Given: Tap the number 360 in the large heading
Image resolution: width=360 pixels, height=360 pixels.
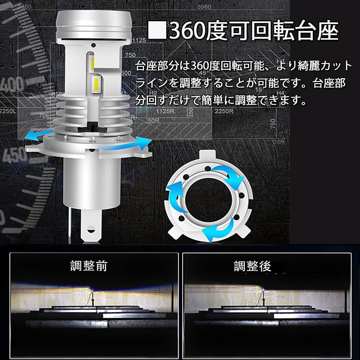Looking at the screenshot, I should pyautogui.click(x=186, y=31).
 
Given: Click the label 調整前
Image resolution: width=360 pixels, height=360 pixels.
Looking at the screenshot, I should pyautogui.click(x=88, y=267).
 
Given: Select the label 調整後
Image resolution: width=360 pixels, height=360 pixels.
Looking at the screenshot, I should pyautogui.click(x=252, y=267).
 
